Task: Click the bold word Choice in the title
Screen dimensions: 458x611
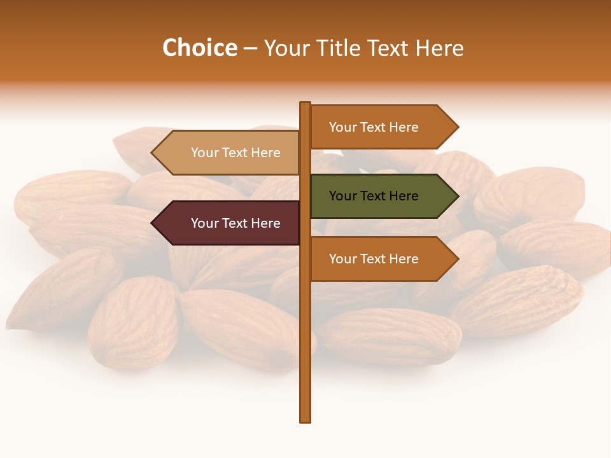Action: tap(199, 48)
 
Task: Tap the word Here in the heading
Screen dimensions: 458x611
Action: tap(440, 48)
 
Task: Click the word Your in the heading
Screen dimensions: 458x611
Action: tap(286, 48)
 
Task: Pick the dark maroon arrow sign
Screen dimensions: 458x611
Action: tap(229, 223)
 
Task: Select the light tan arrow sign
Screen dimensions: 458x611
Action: tap(229, 153)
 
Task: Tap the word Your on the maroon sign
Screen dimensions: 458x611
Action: tap(204, 223)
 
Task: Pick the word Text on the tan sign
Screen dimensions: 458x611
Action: tap(235, 153)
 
